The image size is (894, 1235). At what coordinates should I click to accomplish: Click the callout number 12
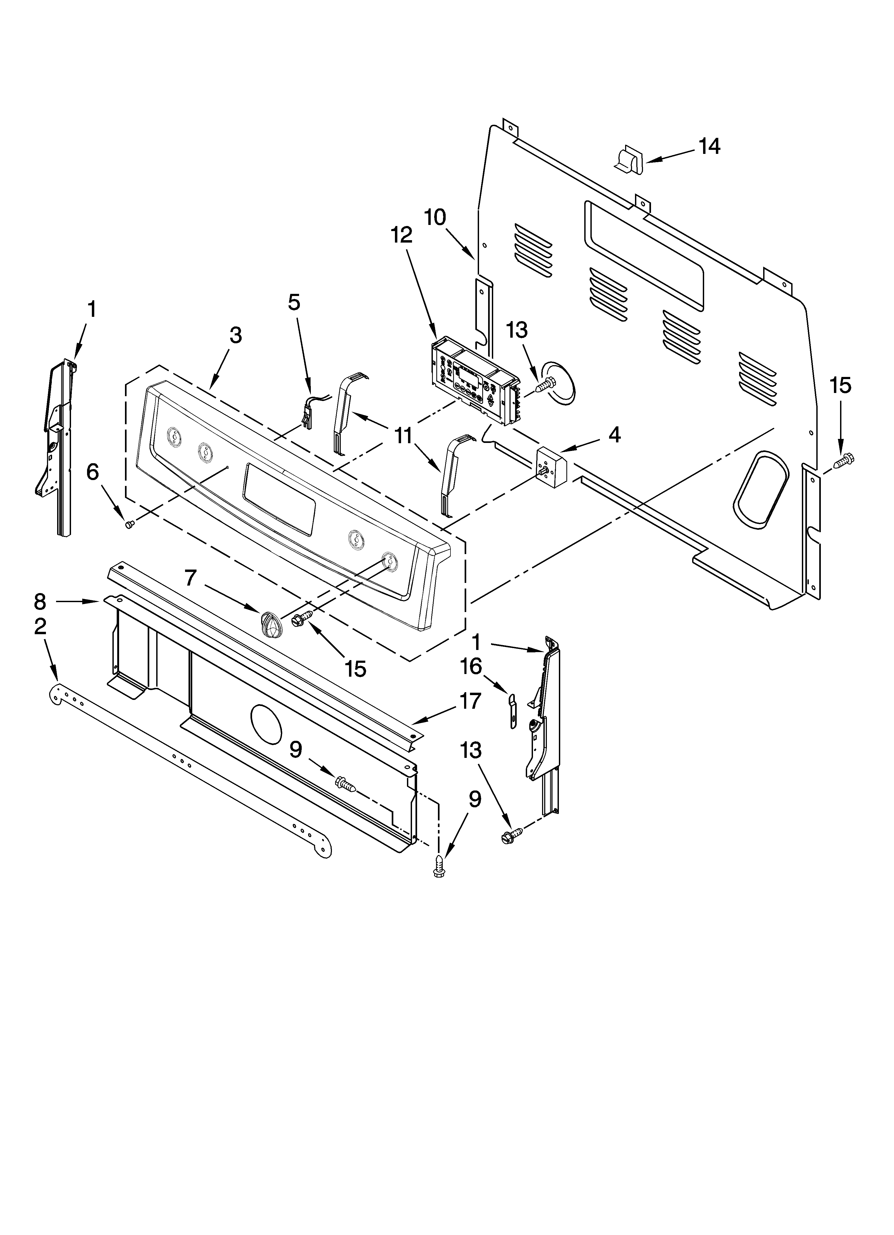tap(401, 235)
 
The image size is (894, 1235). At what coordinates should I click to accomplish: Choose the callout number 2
tap(40, 627)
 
